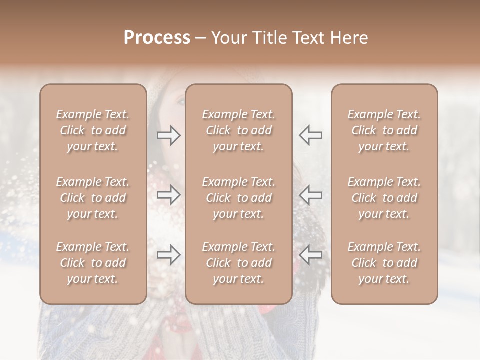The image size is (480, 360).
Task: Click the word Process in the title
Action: [x=157, y=38]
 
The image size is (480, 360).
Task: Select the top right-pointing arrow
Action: [x=168, y=135]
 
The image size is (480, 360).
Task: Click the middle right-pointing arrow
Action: [x=168, y=195]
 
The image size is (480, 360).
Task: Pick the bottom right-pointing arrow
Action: [x=168, y=255]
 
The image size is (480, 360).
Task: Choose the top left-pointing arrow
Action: [x=310, y=135]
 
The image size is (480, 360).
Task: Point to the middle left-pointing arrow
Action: [x=310, y=195]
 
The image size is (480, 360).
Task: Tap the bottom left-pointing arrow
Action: [x=310, y=255]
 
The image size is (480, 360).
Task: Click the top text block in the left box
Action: [x=93, y=130]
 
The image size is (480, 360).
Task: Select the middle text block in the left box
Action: [x=93, y=198]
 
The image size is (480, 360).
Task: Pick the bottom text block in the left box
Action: [x=93, y=263]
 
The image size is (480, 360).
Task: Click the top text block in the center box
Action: [x=238, y=130]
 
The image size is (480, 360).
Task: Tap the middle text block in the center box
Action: [x=238, y=198]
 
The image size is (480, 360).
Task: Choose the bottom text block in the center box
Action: [x=238, y=263]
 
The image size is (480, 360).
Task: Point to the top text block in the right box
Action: [x=384, y=130]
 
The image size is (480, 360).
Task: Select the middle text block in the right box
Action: [x=384, y=198]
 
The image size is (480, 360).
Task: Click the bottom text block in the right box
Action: [x=384, y=263]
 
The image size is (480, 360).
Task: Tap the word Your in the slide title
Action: [x=229, y=38]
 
